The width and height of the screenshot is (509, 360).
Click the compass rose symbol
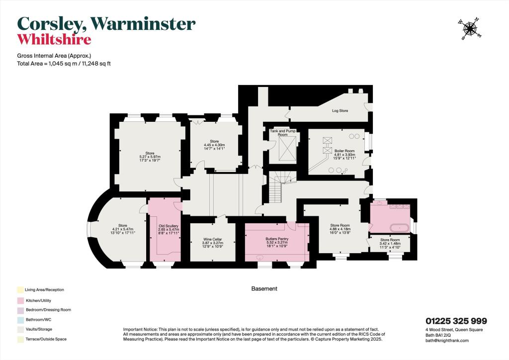coord(468,29)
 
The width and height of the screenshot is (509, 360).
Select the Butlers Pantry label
coord(277,238)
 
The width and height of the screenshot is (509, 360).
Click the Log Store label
coord(340,110)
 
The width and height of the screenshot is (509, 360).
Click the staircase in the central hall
coord(279,185)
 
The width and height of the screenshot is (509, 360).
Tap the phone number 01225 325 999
coord(456,321)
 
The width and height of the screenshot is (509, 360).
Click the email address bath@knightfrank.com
coord(447,340)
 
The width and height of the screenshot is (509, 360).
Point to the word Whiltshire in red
coord(54,39)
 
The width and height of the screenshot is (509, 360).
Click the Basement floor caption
coord(264,288)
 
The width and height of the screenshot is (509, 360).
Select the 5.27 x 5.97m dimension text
coord(150,157)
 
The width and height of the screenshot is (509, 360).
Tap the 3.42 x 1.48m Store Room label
coord(390,243)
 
